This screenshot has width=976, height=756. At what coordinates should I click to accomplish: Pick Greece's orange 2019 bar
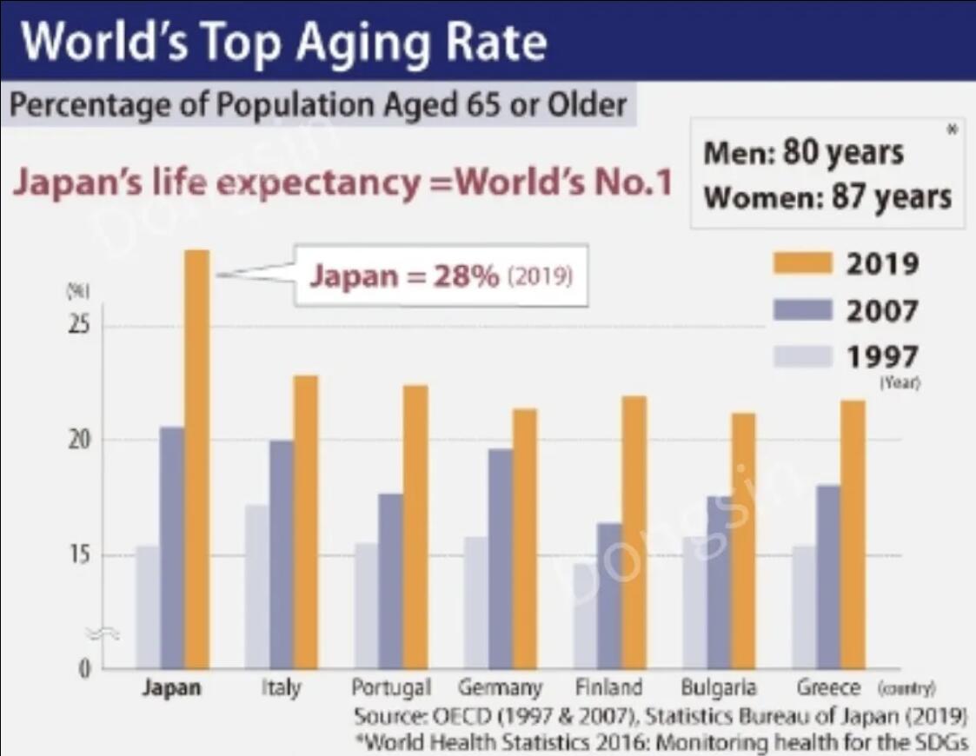pos(853,534)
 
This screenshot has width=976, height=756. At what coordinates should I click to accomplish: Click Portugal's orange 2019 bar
pos(415,527)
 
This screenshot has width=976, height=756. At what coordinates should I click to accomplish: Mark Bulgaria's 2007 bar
pos(719,582)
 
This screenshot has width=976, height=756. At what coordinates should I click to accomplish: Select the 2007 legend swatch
pos(804,309)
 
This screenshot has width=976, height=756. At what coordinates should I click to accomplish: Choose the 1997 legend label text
pos(882,356)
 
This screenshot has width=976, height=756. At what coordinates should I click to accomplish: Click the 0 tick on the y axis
pos(85,669)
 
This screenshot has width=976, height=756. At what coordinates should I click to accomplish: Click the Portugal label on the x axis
pos(391,688)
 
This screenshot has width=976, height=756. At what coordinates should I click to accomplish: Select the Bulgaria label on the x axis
pos(718,688)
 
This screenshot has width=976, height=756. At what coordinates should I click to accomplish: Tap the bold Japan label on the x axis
pos(172,688)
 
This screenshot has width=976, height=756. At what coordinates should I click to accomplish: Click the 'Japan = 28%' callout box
pos(442,277)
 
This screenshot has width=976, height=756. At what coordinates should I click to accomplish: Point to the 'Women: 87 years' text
pos(827,197)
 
